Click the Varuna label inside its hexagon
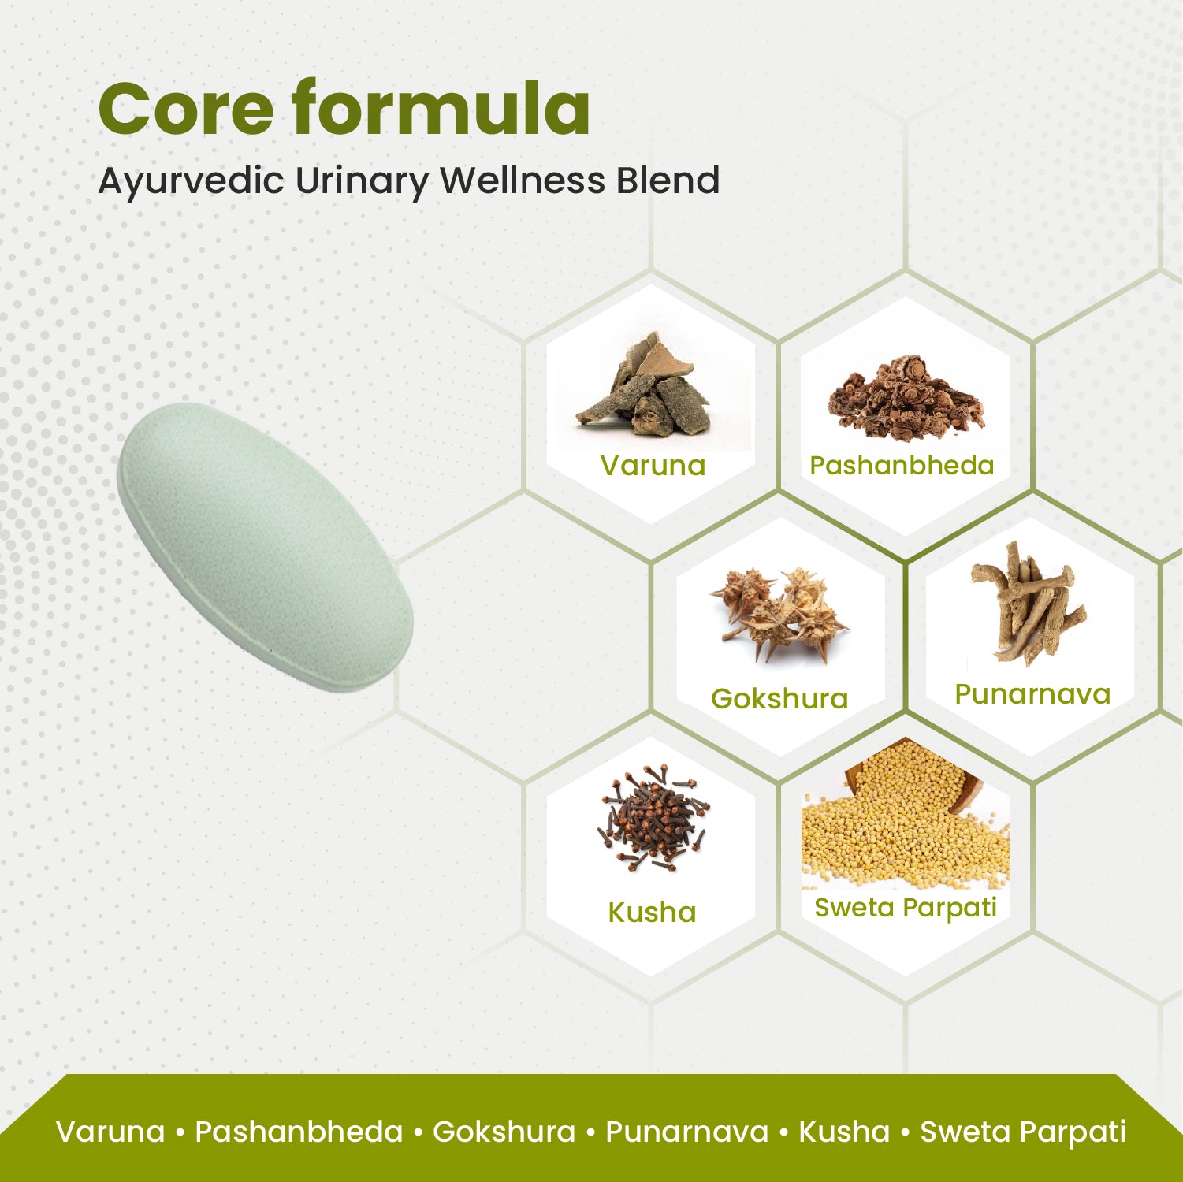click(653, 465)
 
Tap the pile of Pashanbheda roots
click(906, 398)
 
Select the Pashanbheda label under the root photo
click(902, 465)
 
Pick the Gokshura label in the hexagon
click(779, 698)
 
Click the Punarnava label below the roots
click(1032, 693)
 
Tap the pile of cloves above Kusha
click(653, 820)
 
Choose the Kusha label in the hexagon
click(652, 912)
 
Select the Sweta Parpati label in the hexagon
click(906, 908)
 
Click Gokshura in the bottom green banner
click(504, 1132)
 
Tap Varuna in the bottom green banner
click(110, 1132)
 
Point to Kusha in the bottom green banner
click(843, 1132)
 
